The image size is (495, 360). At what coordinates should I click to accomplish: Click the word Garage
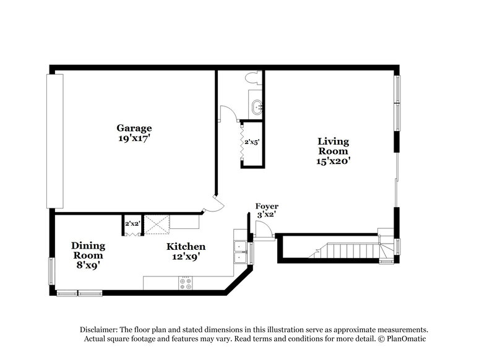[134, 128]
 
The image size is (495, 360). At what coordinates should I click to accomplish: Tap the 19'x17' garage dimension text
[134, 139]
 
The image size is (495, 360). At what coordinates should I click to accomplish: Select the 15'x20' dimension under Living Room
[333, 161]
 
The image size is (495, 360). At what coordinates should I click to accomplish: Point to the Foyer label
[267, 206]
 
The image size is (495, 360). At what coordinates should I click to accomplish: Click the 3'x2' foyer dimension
[267, 215]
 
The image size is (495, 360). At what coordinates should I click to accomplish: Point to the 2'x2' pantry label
[132, 223]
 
